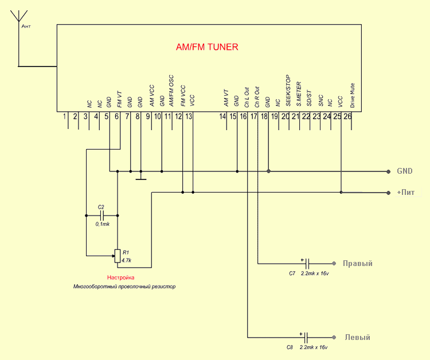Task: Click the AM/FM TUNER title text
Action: click(x=207, y=47)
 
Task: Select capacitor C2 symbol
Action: click(x=101, y=216)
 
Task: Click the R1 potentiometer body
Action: click(x=118, y=255)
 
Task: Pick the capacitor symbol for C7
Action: click(x=307, y=264)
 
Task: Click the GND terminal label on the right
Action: click(x=405, y=171)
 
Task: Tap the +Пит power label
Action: click(x=406, y=192)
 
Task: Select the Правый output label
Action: click(x=358, y=264)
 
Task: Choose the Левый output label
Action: click(x=357, y=337)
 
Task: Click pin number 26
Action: click(x=347, y=117)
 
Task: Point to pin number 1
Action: click(x=65, y=117)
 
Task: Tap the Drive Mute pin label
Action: click(x=353, y=96)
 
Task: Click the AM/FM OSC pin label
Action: click(x=171, y=91)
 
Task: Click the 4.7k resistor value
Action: click(x=127, y=260)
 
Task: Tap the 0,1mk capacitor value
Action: click(x=102, y=225)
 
